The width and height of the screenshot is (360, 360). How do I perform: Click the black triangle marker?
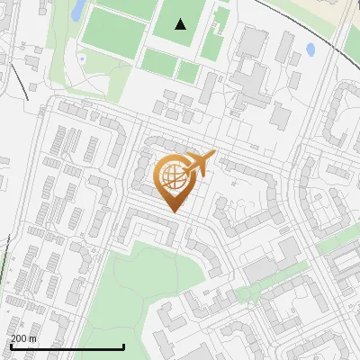(181, 24)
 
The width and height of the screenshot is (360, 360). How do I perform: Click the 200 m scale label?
(24, 337)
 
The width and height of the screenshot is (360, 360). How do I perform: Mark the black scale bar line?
(67, 346)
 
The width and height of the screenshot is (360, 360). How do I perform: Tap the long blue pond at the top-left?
(78, 9)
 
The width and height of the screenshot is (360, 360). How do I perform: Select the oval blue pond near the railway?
(310, 49)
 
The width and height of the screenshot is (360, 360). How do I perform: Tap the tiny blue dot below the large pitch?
(82, 59)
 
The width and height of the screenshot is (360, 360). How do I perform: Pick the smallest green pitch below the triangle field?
(188, 73)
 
